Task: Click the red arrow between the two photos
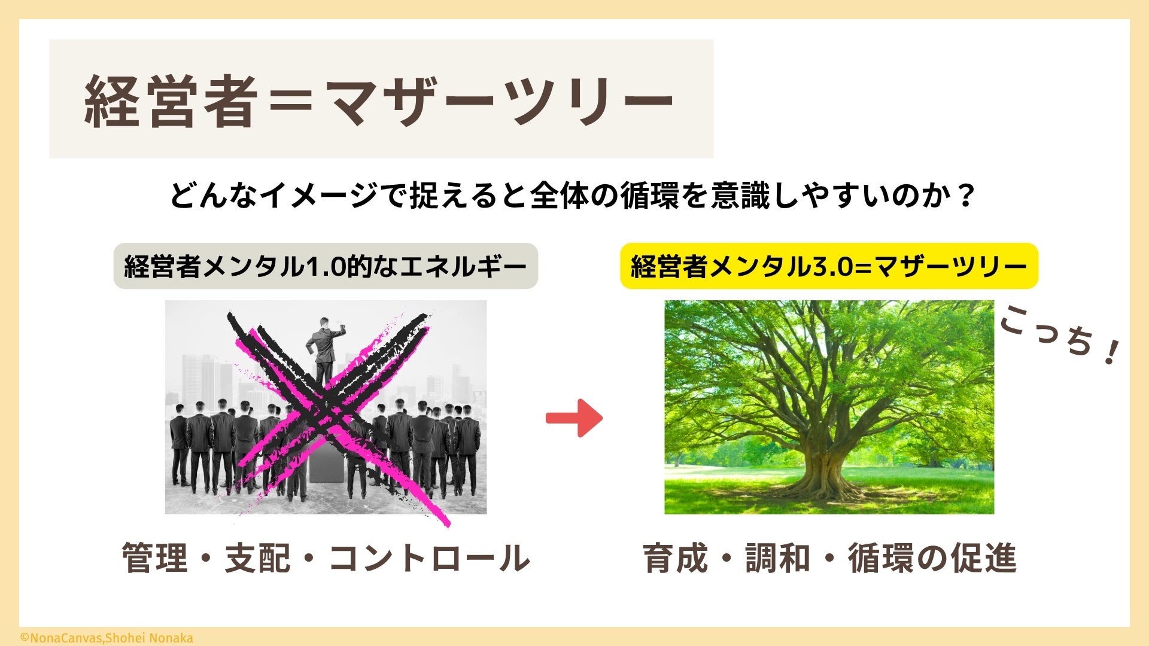click(x=574, y=418)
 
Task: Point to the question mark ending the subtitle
click(x=963, y=196)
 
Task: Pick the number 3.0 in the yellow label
click(x=832, y=266)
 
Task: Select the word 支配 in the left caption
click(x=258, y=558)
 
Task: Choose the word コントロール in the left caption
click(x=429, y=558)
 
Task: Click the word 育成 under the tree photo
click(x=676, y=558)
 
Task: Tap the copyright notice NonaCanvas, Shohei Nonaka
click(x=107, y=638)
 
